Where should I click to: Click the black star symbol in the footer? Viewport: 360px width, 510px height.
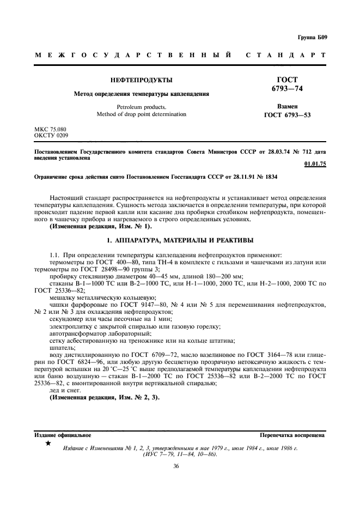(x=48, y=444)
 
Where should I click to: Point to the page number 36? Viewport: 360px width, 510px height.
(x=176, y=466)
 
